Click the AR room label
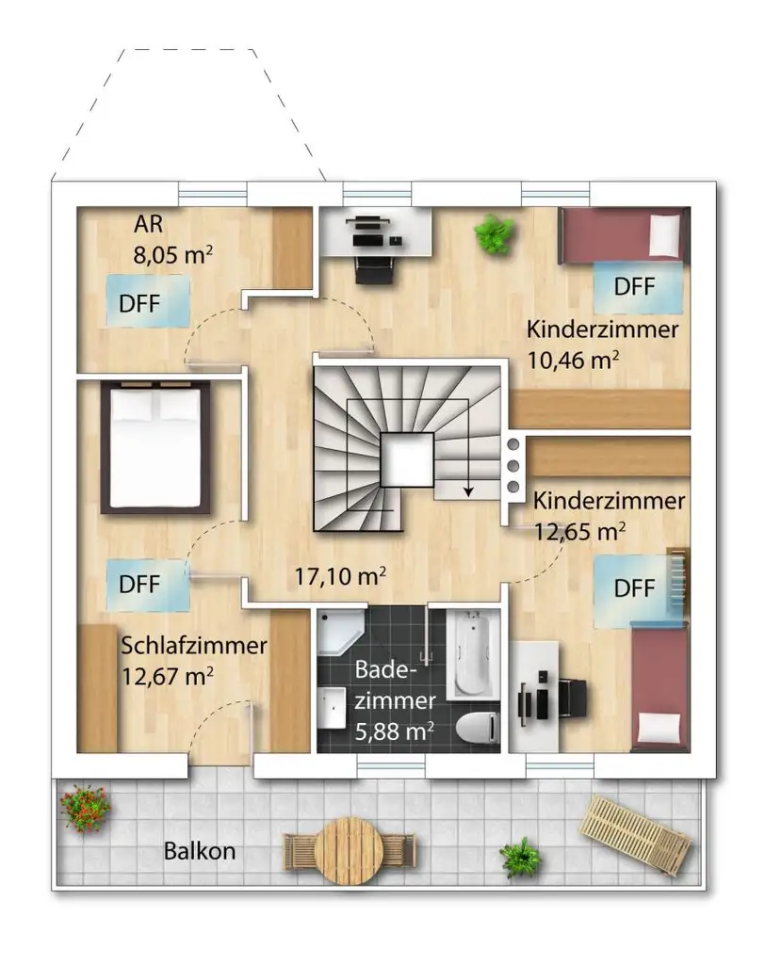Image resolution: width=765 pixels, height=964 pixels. (148, 224)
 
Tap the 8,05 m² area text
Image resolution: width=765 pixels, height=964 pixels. (173, 254)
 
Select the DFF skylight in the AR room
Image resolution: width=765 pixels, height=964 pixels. (148, 300)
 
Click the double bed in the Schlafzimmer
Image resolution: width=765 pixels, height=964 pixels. (155, 447)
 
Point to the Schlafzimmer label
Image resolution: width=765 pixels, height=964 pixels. (194, 646)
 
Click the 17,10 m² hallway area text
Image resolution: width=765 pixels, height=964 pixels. (340, 576)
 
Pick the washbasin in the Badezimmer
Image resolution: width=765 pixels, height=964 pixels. (333, 708)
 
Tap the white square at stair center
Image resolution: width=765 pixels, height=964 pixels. (407, 458)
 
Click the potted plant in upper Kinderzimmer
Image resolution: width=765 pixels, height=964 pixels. (493, 233)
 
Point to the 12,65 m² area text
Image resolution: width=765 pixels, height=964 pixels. (579, 531)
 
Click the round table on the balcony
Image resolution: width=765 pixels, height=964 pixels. (349, 850)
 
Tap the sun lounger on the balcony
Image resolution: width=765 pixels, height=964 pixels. (636, 834)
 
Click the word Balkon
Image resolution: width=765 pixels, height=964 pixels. (200, 851)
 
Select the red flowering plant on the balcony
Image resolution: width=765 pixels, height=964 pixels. (85, 807)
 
